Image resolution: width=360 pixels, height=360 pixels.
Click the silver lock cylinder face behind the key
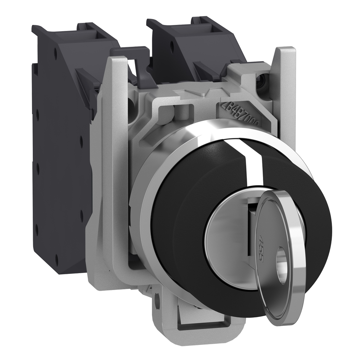[x=229, y=246]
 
